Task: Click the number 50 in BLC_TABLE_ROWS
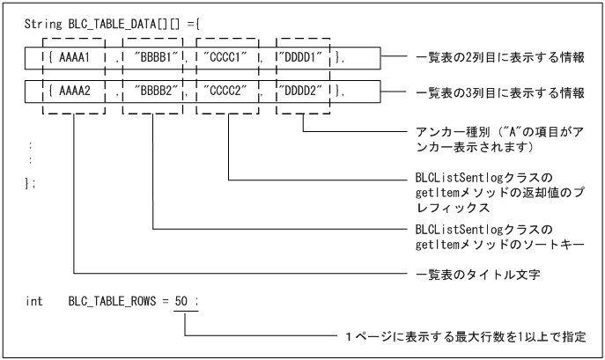(x=181, y=302)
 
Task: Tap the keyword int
(x=33, y=302)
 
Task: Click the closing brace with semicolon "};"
(x=31, y=181)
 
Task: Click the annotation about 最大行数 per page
(x=464, y=337)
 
